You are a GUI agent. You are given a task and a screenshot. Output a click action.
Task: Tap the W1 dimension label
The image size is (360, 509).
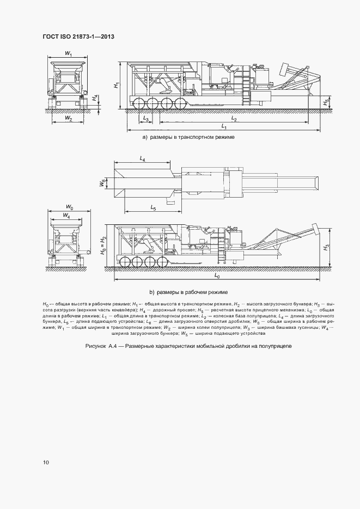click(69, 53)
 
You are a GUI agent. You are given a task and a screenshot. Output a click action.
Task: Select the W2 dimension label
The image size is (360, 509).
click(69, 118)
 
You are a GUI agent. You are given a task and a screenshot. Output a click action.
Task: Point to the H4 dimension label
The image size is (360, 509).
click(94, 99)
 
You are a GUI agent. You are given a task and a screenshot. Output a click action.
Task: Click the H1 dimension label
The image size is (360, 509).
click(116, 85)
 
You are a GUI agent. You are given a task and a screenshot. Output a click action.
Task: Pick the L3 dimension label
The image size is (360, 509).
click(145, 118)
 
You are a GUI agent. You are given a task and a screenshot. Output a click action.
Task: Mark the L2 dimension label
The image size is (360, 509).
click(234, 118)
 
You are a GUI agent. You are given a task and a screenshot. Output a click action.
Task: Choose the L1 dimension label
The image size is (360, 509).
click(224, 126)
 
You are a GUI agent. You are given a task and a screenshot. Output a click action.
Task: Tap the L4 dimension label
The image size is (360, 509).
click(143, 158)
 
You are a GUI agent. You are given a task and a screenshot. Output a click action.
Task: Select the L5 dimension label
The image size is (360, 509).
click(153, 208)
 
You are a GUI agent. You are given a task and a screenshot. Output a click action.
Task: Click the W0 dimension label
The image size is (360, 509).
click(69, 207)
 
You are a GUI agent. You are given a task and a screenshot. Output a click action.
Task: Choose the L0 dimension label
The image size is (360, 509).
click(217, 277)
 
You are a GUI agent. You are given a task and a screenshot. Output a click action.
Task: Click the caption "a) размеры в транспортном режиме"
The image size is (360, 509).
click(188, 137)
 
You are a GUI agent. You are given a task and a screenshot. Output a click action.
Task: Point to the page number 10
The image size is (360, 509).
click(46, 462)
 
